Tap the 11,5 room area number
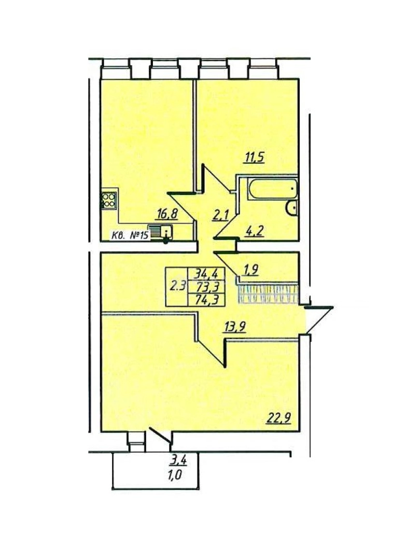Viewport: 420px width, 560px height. (254, 157)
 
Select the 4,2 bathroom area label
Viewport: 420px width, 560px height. (254, 231)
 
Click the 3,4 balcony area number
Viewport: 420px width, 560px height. (178, 459)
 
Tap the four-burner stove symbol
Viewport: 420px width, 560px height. (109, 200)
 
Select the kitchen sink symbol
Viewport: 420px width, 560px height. (161, 231)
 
